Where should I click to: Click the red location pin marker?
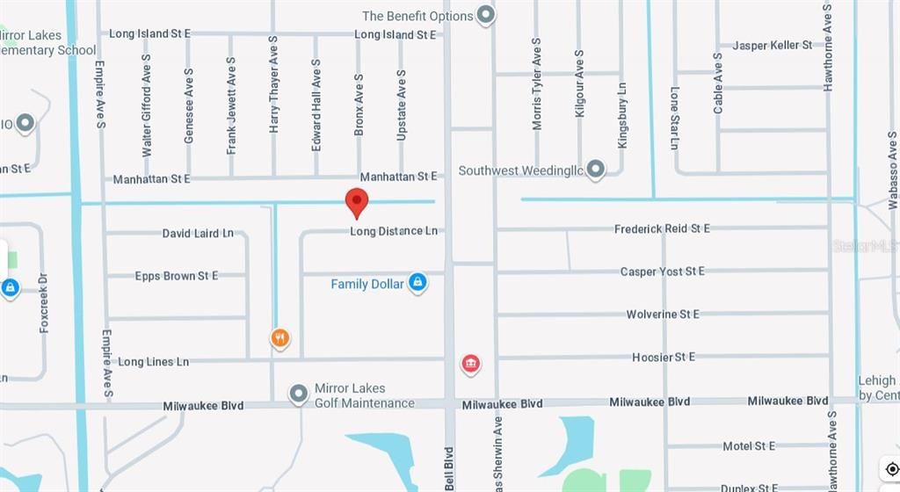coord(356,202)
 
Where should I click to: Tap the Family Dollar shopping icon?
coord(418,283)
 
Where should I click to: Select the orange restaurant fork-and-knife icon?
coord(279,338)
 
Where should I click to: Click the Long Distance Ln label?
coord(394,231)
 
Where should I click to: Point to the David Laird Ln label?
coord(198,234)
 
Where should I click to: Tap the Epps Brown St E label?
coord(177,276)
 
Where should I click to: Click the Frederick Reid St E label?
coord(662,228)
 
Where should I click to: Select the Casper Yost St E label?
coord(662,271)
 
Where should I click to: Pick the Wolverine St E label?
coord(663,314)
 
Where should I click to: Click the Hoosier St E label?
coord(664,357)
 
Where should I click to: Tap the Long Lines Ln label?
coord(154,361)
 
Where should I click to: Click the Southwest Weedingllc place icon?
coord(596,168)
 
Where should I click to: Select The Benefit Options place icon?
coord(486,15)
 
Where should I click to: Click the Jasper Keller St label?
coord(773,45)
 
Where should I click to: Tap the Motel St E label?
coord(749,446)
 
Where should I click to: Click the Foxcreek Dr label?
coord(44,301)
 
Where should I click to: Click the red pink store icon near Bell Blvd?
coord(470,364)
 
